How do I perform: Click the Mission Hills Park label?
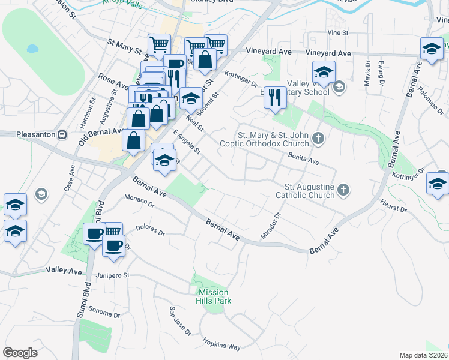click(214, 296)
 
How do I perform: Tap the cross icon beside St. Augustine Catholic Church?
click(343, 190)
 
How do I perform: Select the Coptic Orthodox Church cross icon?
click(319, 139)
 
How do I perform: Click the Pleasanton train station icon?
click(62, 135)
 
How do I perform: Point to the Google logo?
click(20, 352)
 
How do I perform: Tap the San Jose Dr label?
click(179, 321)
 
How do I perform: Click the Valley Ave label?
click(64, 271)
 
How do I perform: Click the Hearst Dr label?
click(393, 206)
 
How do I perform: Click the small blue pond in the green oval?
click(32, 48)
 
